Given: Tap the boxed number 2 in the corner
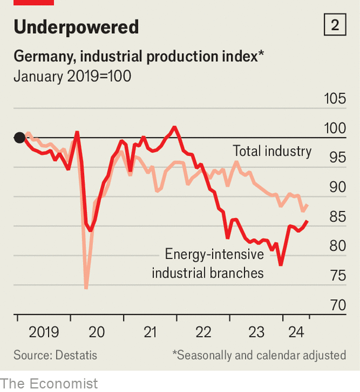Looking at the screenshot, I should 335,25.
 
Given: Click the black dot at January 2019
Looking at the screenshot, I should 19,137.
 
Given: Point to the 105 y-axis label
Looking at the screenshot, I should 334,99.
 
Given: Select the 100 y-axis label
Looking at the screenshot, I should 334,128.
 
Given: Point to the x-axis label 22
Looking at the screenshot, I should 203,332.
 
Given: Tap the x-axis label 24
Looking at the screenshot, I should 294,332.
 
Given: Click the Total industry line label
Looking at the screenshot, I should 272,151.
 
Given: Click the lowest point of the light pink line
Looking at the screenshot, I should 86,288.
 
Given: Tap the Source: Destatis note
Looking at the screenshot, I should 55,355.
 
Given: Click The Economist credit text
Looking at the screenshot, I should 49,383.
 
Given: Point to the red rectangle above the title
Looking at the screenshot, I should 34,2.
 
